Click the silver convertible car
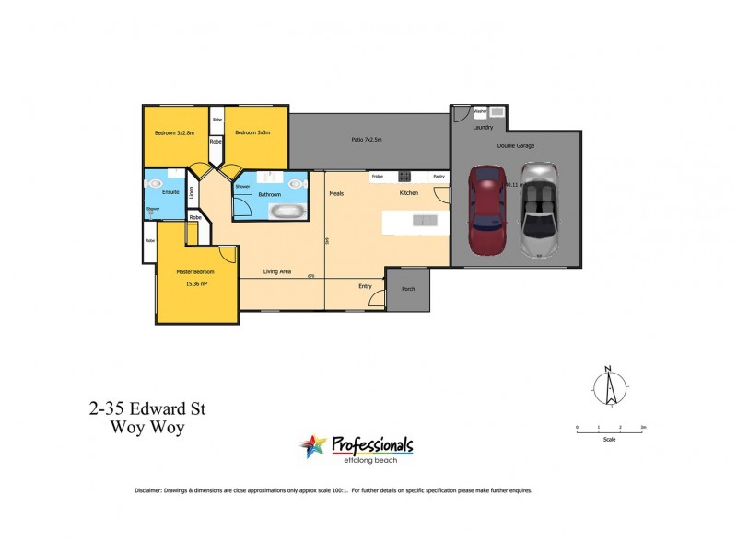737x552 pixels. point(538,210)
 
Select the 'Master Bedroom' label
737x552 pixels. point(195,272)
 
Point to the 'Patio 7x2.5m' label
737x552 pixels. point(366,141)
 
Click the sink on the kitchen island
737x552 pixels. point(426,220)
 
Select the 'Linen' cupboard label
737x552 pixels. point(192,193)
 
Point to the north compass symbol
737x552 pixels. point(608,386)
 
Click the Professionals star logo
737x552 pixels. point(313,447)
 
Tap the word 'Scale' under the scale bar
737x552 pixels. point(610,439)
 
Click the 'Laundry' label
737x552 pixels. point(483,128)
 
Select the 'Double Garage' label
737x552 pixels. point(516,145)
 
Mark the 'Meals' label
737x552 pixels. point(336,193)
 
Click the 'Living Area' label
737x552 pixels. point(277,271)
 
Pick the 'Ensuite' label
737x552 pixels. point(170,193)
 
